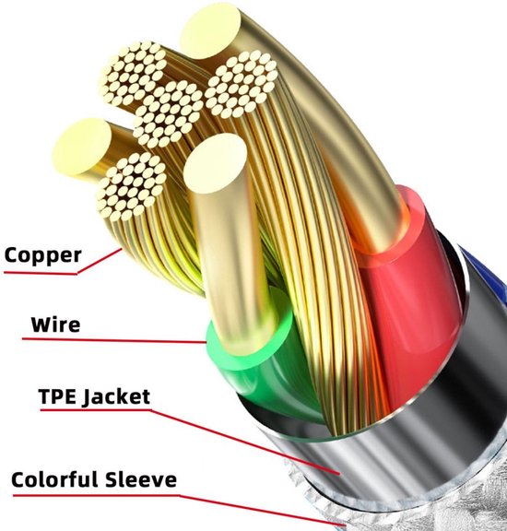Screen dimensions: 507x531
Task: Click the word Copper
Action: tap(43, 256)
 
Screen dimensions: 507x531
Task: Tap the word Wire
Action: tap(55, 324)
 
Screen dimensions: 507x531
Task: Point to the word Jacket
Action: tap(116, 397)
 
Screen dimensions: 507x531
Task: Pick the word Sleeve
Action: tap(140, 480)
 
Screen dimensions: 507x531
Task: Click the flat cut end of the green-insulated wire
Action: tap(215, 163)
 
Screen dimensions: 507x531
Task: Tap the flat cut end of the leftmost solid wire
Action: tap(83, 147)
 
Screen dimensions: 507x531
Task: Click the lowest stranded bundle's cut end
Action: tap(132, 186)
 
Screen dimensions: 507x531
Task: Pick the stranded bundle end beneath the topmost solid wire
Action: tap(241, 84)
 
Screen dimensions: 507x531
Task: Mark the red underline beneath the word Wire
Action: tap(114, 340)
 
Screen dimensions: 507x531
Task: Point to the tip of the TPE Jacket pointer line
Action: tap(340, 474)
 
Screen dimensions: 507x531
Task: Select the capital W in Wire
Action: tap(41, 324)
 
